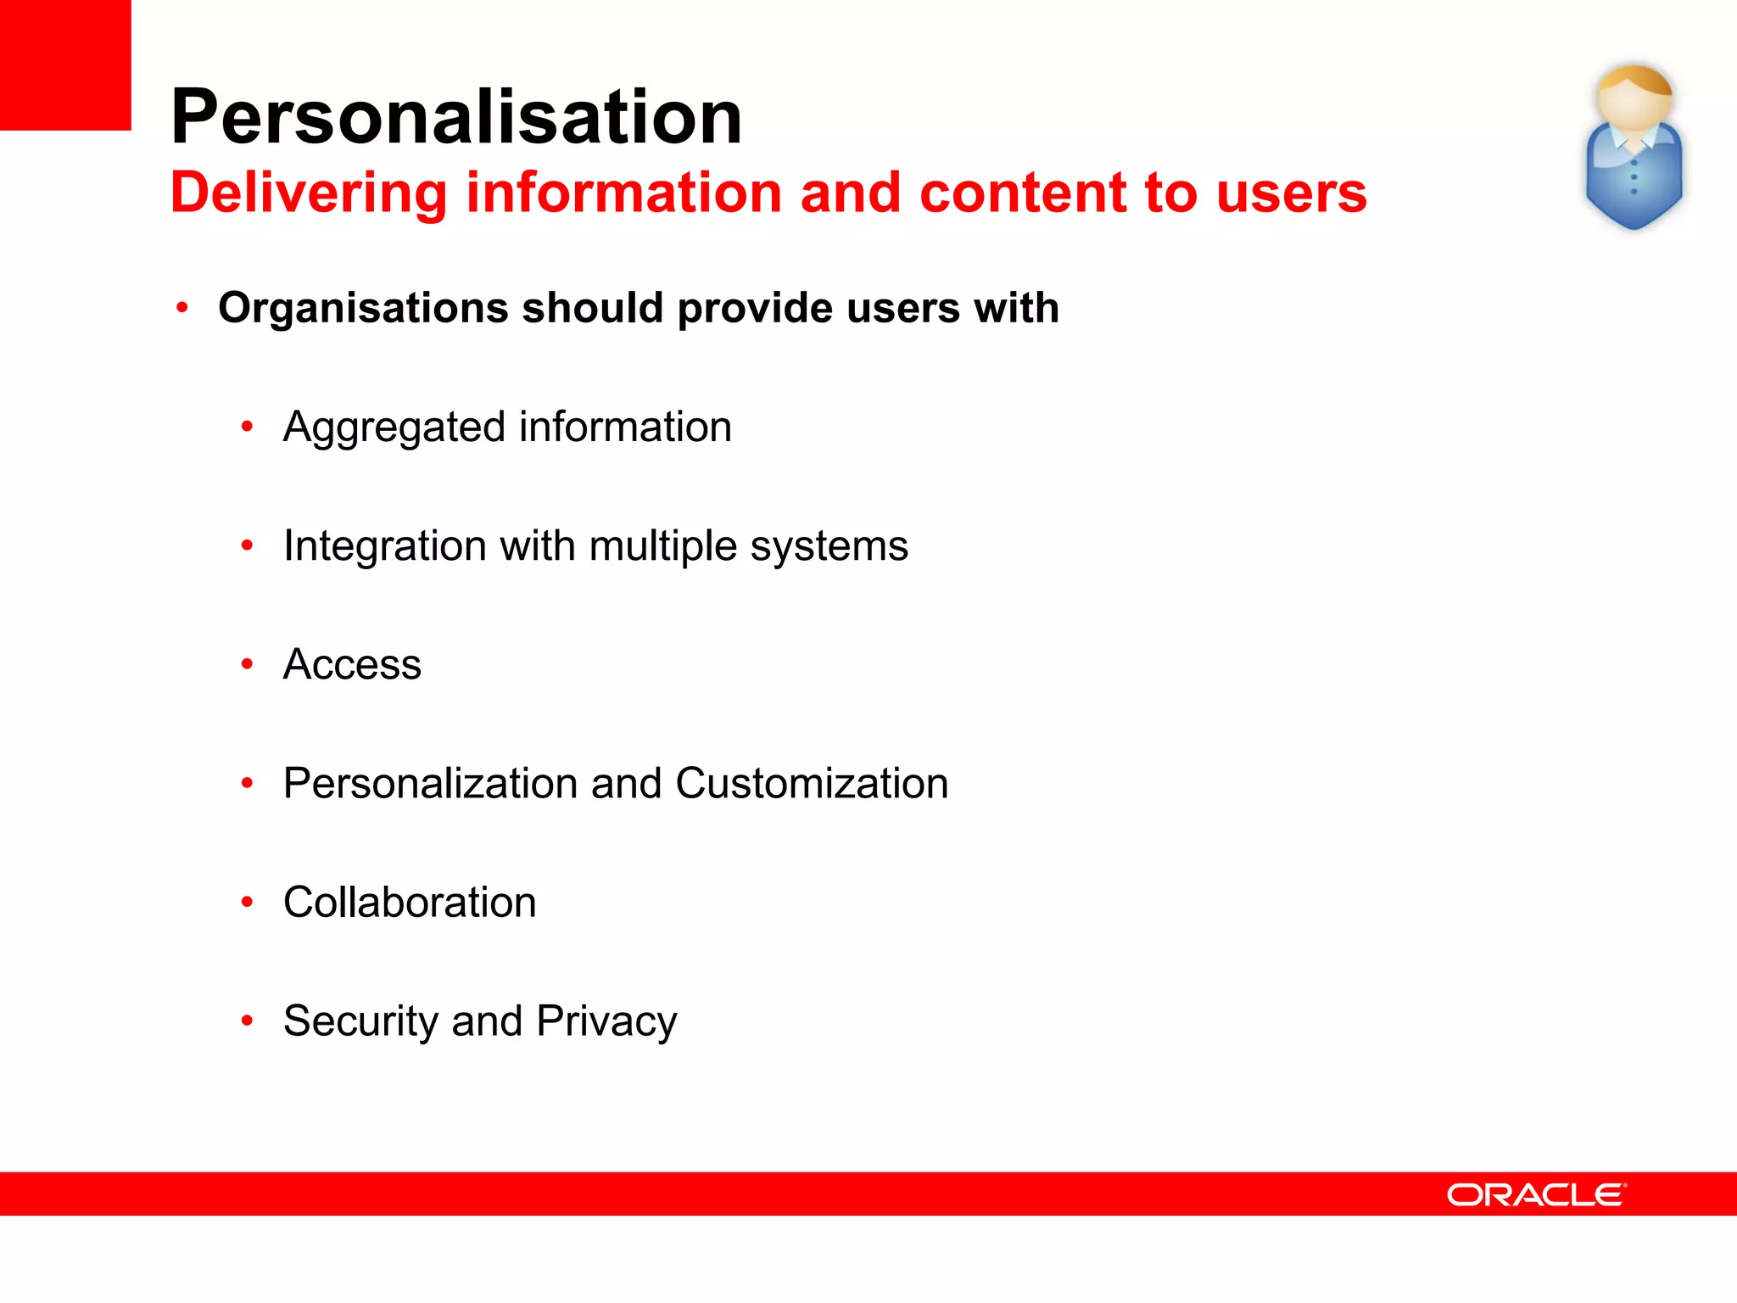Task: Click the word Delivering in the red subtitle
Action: [309, 193]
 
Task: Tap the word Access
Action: [352, 664]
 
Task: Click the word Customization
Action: [812, 783]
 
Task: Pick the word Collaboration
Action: [410, 902]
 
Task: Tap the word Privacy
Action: [606, 1021]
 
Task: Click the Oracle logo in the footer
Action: [1536, 1194]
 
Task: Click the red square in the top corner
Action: [65, 64]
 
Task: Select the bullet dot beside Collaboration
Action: [247, 902]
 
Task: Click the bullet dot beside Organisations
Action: [182, 308]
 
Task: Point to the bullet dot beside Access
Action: [247, 663]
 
